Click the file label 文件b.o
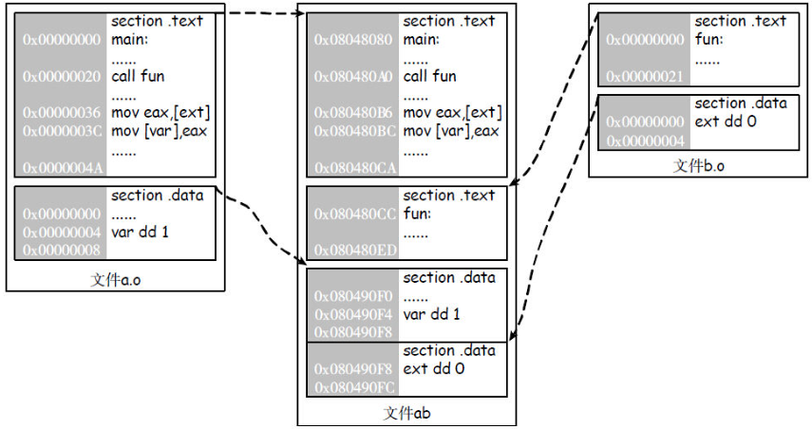[x=700, y=164]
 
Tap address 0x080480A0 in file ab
[x=352, y=76]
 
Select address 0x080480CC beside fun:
[x=352, y=214]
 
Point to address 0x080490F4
[x=352, y=314]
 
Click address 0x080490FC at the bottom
[x=352, y=387]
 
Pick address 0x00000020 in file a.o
[x=61, y=76]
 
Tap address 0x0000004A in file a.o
[x=61, y=168]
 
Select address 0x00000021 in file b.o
[x=644, y=77]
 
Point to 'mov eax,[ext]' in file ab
[x=452, y=112]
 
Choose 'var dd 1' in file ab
[x=431, y=314]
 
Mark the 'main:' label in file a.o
[x=131, y=40]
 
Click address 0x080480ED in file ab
[x=352, y=251]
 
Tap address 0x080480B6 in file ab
[x=352, y=112]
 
